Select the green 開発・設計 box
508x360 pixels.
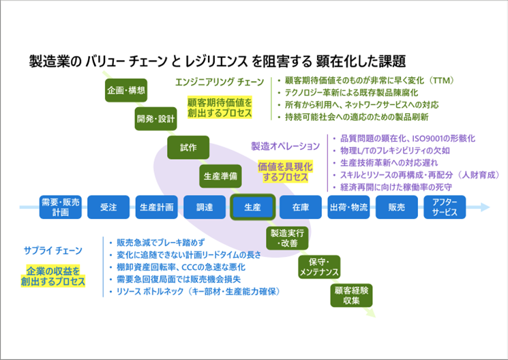(x=156, y=119)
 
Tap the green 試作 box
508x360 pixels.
(x=189, y=147)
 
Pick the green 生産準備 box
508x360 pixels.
(x=220, y=175)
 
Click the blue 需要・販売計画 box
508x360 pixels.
(x=60, y=207)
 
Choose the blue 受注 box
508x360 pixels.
(x=108, y=207)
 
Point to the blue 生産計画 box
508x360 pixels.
(x=156, y=207)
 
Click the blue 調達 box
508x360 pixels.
(x=205, y=207)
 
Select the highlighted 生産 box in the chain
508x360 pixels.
(x=252, y=207)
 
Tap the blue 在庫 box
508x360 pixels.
(x=301, y=207)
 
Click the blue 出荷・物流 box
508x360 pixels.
(x=348, y=207)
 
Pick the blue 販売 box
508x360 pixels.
(x=397, y=207)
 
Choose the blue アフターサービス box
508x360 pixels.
(x=445, y=207)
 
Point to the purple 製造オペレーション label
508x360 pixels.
(x=285, y=146)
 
